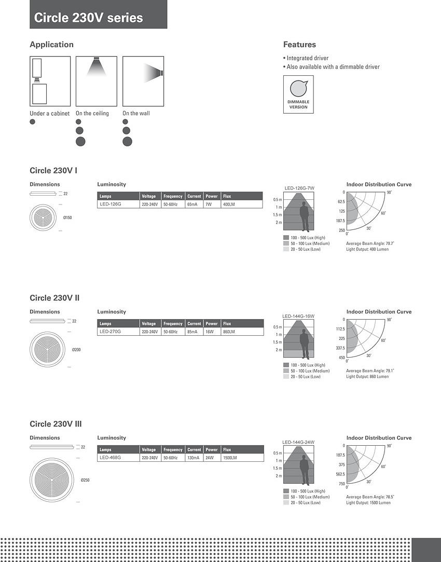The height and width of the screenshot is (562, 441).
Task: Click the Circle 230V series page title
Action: pos(88,18)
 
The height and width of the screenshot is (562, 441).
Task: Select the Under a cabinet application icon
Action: pos(50,81)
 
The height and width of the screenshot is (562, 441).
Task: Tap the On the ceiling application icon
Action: pos(96,81)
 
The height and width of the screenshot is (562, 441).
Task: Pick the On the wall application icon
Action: pos(143,81)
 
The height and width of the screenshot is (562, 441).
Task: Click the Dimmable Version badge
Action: pos(298,94)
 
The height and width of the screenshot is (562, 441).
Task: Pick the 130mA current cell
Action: pos(194,458)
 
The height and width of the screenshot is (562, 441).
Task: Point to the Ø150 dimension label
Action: pos(67,217)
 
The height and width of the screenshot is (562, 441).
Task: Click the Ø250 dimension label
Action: pos(85,480)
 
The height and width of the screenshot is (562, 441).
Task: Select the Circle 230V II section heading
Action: pos(54,298)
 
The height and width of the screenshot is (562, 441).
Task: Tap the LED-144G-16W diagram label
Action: pos(298,316)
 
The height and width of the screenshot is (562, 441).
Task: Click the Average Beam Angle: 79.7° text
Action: pos(370,243)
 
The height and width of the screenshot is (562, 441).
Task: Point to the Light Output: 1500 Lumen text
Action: pos(368,503)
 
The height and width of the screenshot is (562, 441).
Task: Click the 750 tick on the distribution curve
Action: pos(341,484)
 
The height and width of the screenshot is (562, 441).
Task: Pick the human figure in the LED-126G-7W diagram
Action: pos(304,217)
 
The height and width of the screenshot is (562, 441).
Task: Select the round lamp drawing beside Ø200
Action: pos(48,349)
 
